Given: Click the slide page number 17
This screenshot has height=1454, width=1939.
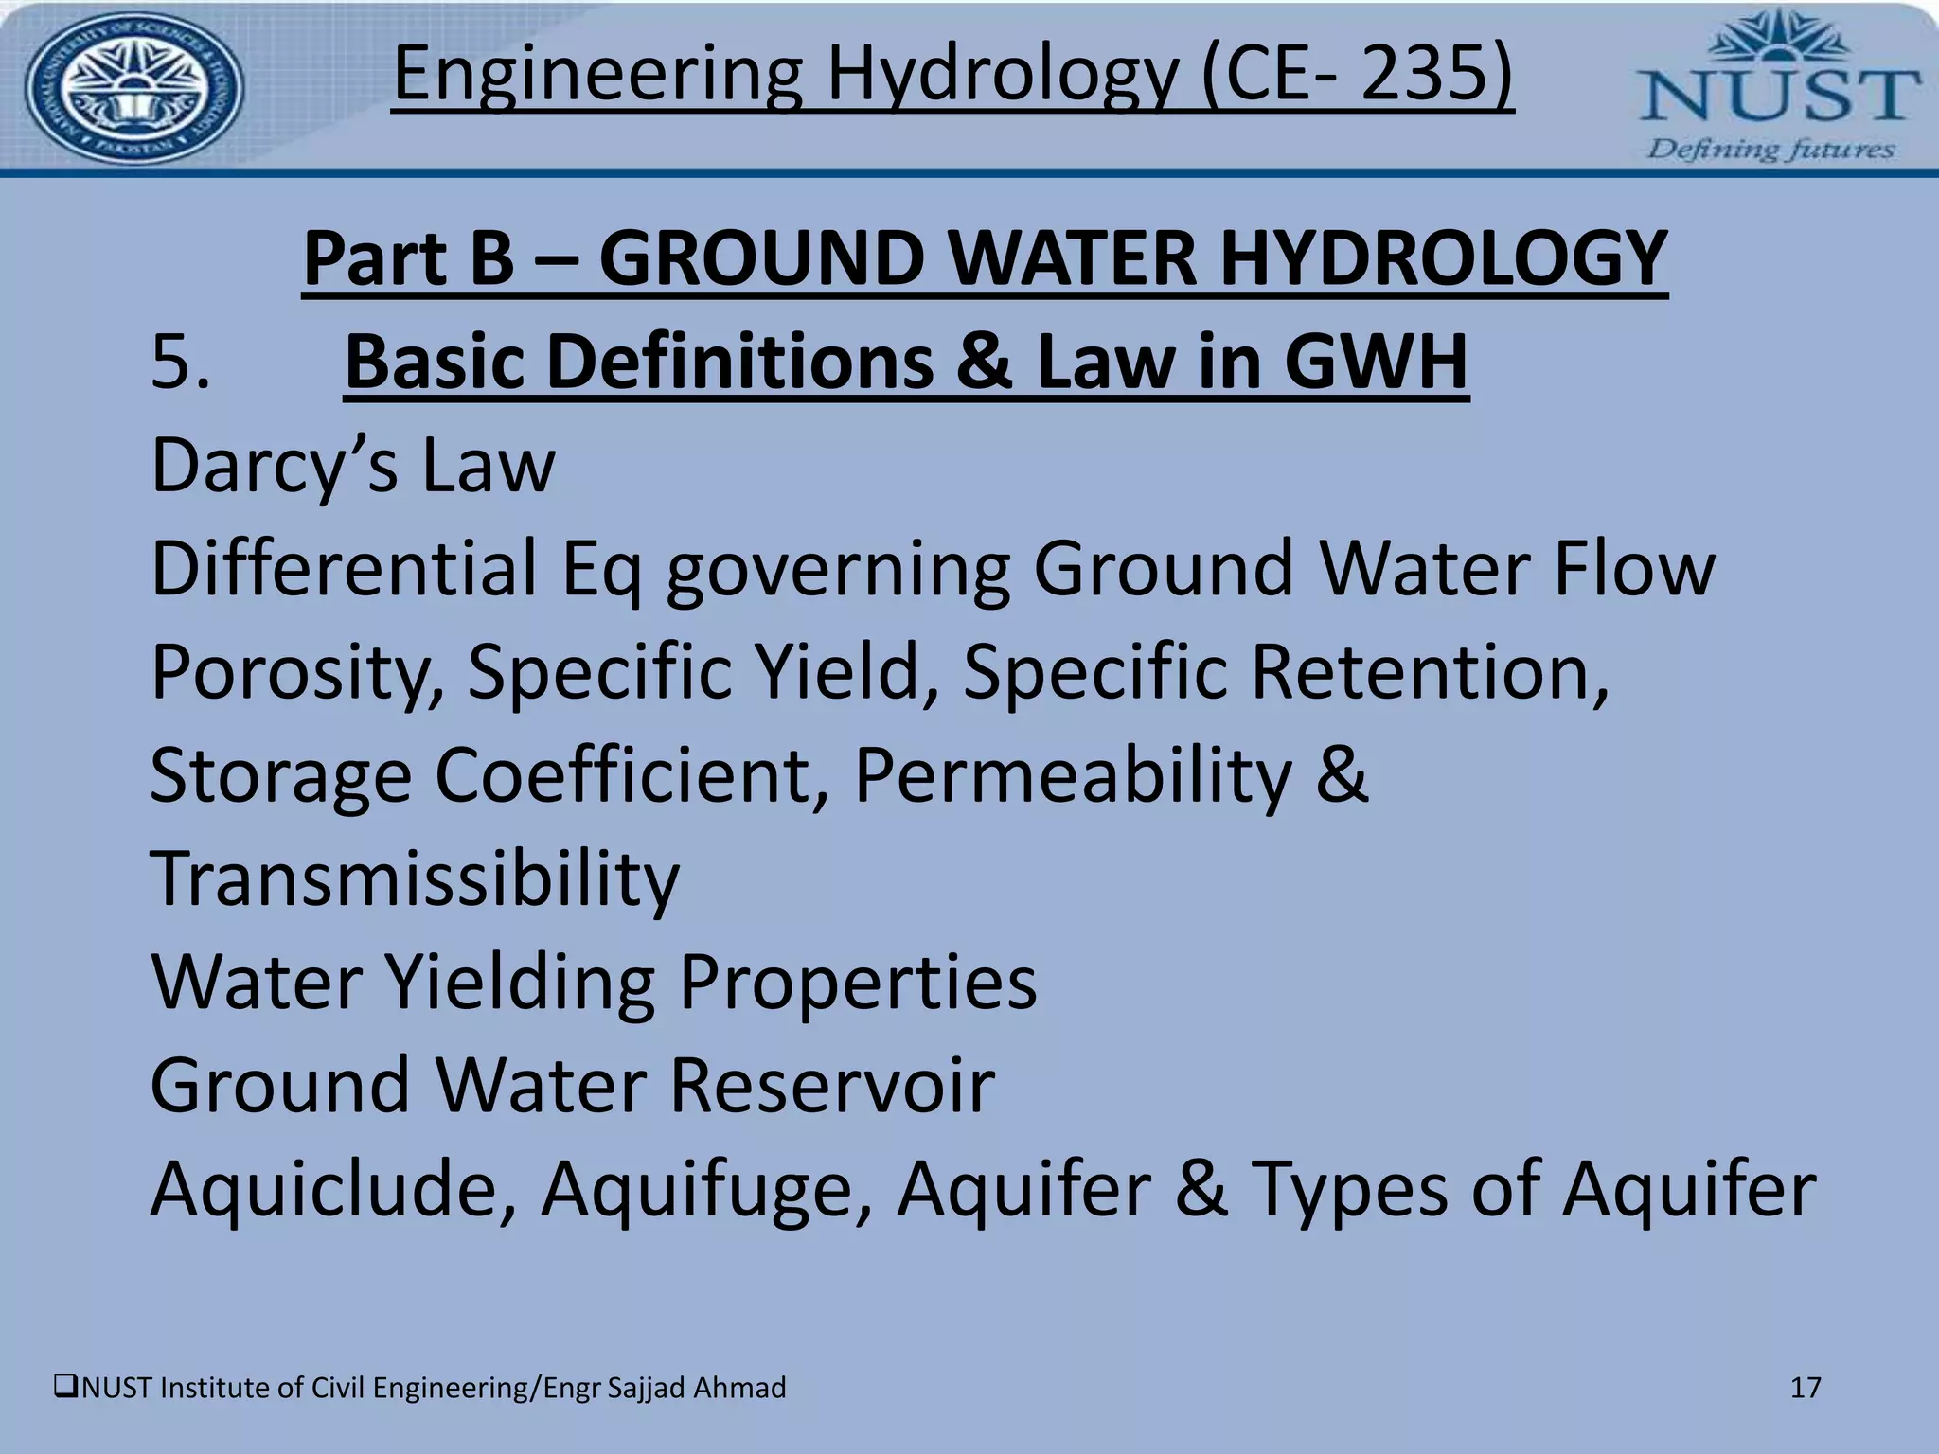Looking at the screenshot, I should tap(1806, 1388).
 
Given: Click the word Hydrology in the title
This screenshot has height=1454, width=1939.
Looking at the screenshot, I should tap(1003, 76).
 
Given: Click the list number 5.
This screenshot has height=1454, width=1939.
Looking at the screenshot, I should tap(180, 362).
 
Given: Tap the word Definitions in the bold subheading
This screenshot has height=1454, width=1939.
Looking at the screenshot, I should tap(739, 362).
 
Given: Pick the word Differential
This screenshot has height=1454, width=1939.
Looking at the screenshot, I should tap(344, 568).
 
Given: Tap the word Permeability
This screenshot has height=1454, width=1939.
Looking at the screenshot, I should tap(1074, 774).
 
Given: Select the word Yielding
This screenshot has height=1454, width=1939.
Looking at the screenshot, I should tap(522, 982).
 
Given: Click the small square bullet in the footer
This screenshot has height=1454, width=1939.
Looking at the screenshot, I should tap(65, 1389).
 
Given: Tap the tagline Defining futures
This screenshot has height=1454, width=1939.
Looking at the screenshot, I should tap(1770, 150).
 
